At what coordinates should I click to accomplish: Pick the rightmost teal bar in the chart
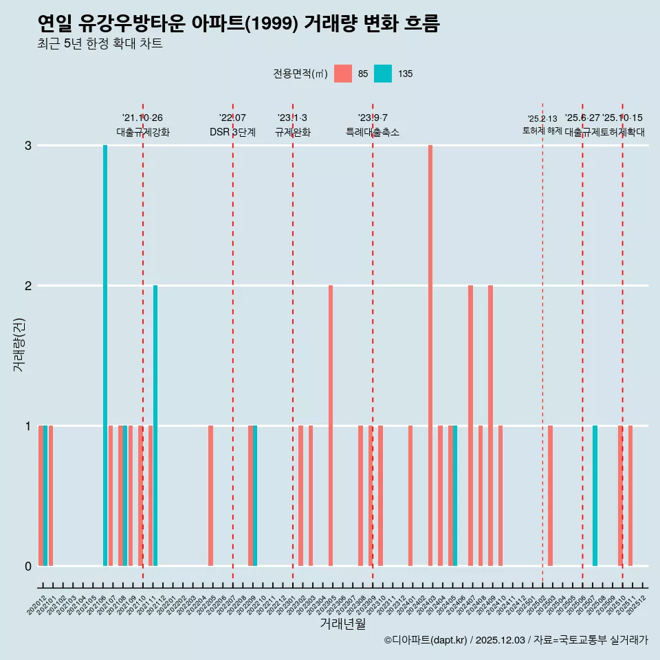click(x=595, y=495)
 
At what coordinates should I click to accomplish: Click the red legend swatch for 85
click(x=342, y=74)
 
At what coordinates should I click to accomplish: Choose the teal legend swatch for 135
click(x=383, y=74)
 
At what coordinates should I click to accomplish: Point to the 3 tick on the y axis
click(x=28, y=146)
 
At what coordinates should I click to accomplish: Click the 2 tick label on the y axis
click(x=28, y=286)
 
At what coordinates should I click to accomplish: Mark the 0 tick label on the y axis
click(x=28, y=566)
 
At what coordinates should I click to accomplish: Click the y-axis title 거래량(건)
click(x=19, y=344)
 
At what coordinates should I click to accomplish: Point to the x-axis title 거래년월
click(x=342, y=624)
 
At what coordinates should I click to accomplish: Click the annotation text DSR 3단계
click(x=232, y=132)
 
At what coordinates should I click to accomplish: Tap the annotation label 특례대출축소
click(x=372, y=132)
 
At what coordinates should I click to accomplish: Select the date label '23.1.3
click(x=292, y=118)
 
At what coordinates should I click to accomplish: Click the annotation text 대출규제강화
click(x=142, y=132)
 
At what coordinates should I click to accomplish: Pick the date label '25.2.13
click(x=542, y=119)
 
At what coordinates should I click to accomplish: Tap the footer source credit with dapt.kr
click(x=516, y=640)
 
